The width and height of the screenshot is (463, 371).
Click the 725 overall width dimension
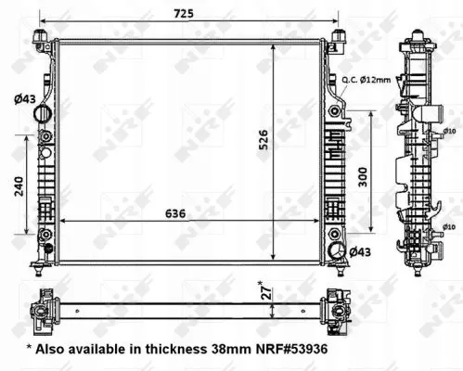(x=184, y=14)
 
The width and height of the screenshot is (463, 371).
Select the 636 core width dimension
(x=175, y=213)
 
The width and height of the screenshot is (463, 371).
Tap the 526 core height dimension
(x=264, y=139)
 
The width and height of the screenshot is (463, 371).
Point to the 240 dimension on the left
(x=19, y=185)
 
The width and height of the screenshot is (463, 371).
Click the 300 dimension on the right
(x=363, y=177)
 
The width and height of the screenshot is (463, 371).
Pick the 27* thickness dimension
(x=267, y=290)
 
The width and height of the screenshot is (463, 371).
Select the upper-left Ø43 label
(x=25, y=99)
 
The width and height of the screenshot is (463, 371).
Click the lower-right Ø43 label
(x=360, y=252)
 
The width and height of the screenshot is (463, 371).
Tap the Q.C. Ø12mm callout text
(x=367, y=80)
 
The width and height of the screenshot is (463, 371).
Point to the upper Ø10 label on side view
(x=449, y=131)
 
